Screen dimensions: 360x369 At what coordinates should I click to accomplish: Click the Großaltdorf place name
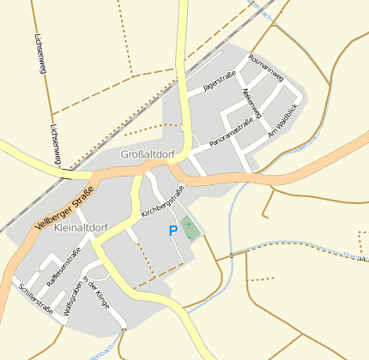click(148, 155)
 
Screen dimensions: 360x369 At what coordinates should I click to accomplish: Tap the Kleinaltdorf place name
click(80, 229)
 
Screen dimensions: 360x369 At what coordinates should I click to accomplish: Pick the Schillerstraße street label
click(35, 299)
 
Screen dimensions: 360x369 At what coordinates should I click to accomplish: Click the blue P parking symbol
click(173, 230)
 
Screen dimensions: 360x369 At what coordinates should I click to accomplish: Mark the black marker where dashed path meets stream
click(230, 255)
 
